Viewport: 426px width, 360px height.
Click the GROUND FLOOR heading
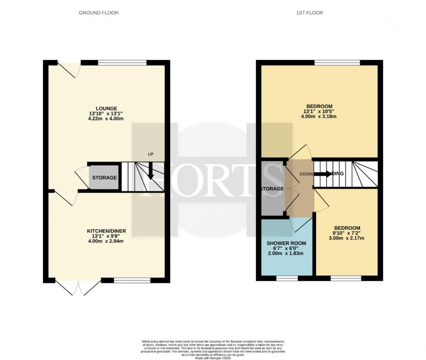pyautogui.click(x=98, y=13)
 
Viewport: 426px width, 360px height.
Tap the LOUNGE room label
pyautogui.click(x=106, y=108)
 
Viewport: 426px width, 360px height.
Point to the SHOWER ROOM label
pyautogui.click(x=286, y=243)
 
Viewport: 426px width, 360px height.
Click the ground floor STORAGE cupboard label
pyautogui.click(x=104, y=178)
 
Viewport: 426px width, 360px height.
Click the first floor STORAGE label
pyautogui.click(x=272, y=189)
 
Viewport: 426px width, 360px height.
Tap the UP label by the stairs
pyautogui.click(x=150, y=154)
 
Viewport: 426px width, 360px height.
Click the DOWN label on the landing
pyautogui.click(x=306, y=174)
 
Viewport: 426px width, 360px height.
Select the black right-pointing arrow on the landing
pyautogui.click(x=323, y=174)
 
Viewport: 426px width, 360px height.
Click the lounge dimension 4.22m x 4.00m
pyautogui.click(x=106, y=120)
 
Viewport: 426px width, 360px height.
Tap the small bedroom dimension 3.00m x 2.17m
pyautogui.click(x=346, y=238)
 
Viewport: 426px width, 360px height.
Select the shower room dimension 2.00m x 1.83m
pyautogui.click(x=286, y=253)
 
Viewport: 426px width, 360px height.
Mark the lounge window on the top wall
pyautogui.click(x=122, y=63)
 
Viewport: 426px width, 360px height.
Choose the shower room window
pyautogui.click(x=287, y=278)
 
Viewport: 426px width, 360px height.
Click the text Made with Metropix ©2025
pyautogui.click(x=213, y=357)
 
